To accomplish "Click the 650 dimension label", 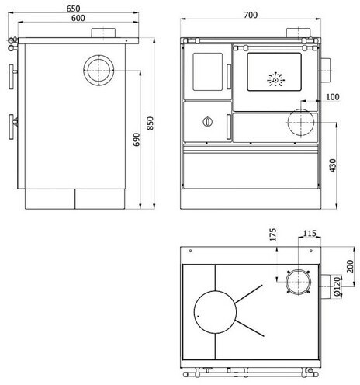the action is tap(73, 9).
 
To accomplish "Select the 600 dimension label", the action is tap(78, 18).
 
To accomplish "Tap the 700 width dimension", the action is tap(251, 15).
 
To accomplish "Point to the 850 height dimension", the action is tap(150, 123).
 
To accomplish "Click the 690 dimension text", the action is tap(137, 140).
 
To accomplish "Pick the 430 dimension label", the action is tap(333, 165).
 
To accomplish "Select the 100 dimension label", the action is tap(333, 97).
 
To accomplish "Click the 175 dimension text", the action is tap(273, 234).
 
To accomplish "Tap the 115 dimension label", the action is tap(310, 234).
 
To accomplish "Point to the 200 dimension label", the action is tap(350, 266).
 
